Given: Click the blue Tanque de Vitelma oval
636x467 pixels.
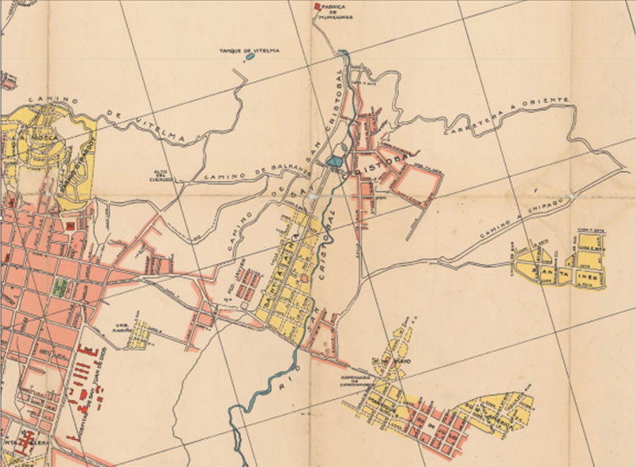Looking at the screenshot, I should pos(250,57).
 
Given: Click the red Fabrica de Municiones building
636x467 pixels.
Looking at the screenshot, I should pos(318,6).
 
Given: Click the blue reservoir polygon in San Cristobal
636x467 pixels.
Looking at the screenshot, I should pos(335,161).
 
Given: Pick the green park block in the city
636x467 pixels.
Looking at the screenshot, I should pos(58,288).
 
